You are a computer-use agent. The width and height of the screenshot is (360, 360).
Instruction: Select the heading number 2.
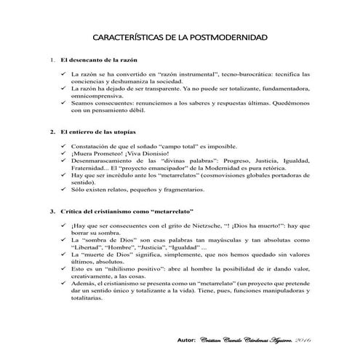point(51,132)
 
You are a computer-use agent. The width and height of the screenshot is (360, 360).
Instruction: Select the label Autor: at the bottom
point(187,340)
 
